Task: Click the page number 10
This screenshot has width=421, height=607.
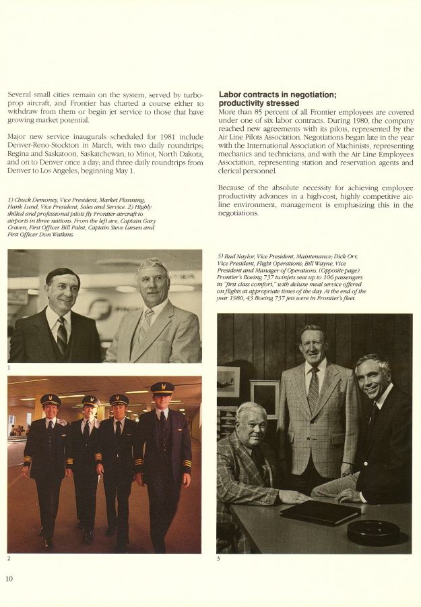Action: pyautogui.click(x=9, y=579)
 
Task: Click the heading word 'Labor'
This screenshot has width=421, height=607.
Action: pyautogui.click(x=231, y=94)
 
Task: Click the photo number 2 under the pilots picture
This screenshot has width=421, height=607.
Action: pyautogui.click(x=9, y=558)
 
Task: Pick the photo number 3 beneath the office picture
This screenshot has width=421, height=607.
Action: pyautogui.click(x=219, y=558)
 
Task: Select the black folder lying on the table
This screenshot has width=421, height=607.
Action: pyautogui.click(x=319, y=512)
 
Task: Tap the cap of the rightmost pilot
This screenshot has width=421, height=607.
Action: pyautogui.click(x=162, y=388)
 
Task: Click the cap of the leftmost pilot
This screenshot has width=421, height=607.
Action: pyautogui.click(x=51, y=400)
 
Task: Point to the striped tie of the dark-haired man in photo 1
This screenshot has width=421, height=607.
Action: pyautogui.click(x=62, y=335)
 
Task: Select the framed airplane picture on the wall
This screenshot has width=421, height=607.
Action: pyautogui.click(x=228, y=381)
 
